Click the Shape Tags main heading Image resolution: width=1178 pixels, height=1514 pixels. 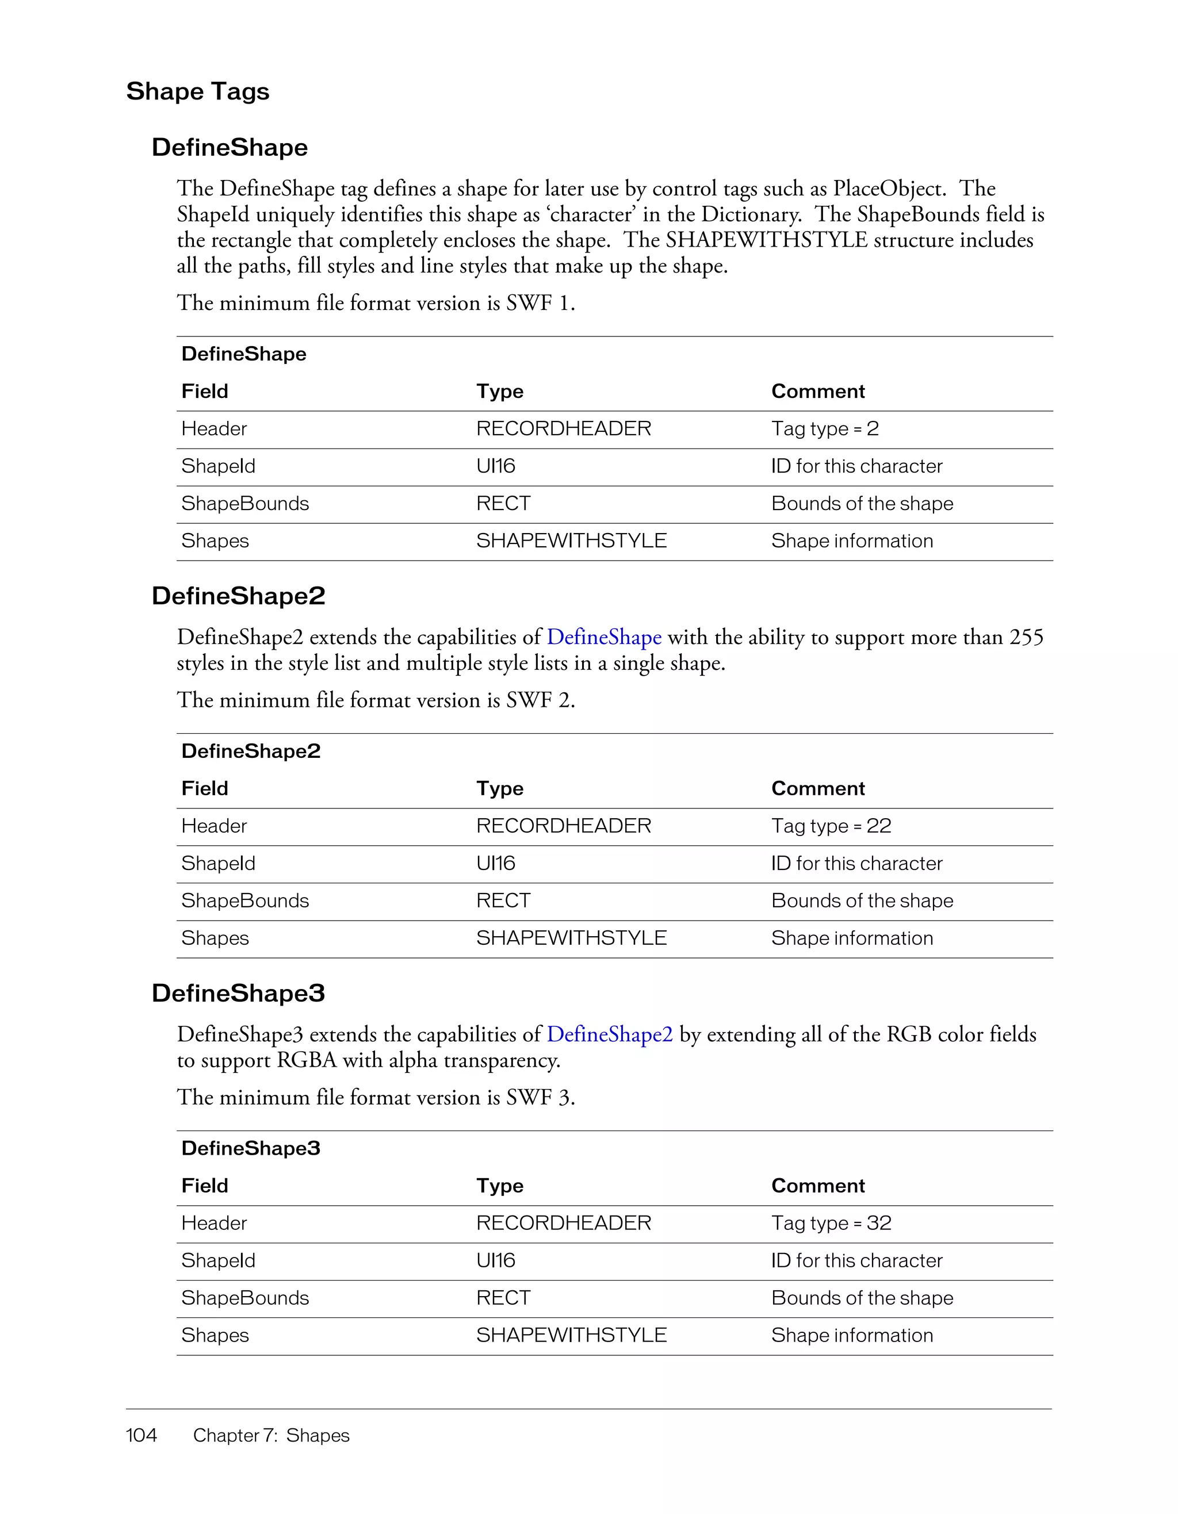[198, 91]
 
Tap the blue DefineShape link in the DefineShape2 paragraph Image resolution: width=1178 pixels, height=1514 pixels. [604, 637]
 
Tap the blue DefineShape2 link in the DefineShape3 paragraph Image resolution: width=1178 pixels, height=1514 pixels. [610, 1034]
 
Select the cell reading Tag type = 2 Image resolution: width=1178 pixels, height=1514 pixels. [824, 429]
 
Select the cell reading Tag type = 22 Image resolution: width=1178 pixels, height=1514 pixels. [831, 826]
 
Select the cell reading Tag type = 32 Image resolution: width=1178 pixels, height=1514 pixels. [831, 1224]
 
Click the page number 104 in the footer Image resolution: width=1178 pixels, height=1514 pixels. [141, 1435]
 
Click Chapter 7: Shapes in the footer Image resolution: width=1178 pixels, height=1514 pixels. [271, 1436]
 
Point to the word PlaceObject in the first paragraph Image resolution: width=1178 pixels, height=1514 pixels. [888, 189]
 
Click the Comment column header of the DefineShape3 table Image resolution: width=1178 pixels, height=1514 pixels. [817, 1186]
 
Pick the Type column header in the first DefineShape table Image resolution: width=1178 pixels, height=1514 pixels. [499, 392]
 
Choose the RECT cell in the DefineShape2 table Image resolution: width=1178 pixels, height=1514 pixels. [503, 901]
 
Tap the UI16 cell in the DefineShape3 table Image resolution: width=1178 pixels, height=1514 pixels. [496, 1261]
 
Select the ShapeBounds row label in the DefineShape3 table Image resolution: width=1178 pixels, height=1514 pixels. [245, 1298]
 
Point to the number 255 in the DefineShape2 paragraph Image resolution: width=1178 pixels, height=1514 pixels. [1026, 637]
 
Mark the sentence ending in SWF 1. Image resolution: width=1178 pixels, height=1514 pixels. [375, 303]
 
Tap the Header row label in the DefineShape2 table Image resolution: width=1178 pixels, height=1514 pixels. [213, 826]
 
